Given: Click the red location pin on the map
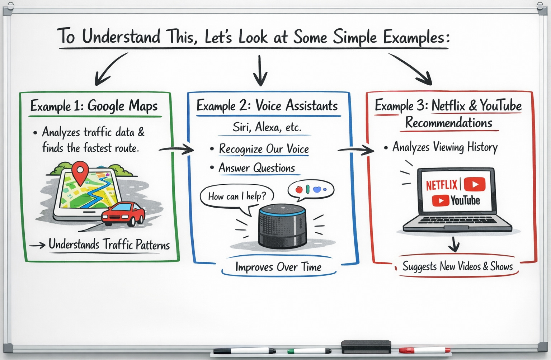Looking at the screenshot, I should (80, 171).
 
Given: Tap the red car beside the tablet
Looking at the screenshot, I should (123, 214).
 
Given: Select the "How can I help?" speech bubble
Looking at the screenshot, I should (237, 196).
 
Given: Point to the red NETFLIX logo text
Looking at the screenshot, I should (442, 185).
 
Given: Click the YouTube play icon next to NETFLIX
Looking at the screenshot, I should (475, 184).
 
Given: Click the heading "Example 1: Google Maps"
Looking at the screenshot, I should (94, 106).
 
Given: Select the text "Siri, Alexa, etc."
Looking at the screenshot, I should (267, 127).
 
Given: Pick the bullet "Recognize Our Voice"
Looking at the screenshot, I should (264, 149).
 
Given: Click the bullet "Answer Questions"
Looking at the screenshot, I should (256, 168).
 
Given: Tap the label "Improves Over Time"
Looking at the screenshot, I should (278, 267).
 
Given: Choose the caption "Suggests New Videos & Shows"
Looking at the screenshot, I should (457, 266).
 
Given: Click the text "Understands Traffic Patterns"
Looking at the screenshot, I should (109, 245).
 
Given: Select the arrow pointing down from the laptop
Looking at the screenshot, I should (454, 245).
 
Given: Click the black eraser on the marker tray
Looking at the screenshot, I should (366, 347).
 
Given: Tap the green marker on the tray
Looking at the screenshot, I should (309, 351).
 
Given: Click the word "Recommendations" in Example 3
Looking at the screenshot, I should (449, 123).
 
